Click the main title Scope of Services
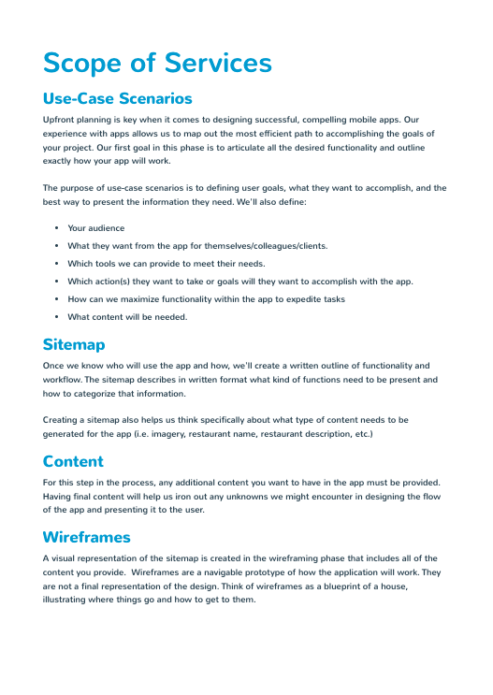[x=157, y=63]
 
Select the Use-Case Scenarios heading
[x=117, y=98]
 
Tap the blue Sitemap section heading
[x=74, y=344]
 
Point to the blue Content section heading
[x=73, y=461]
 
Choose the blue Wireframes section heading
[x=87, y=537]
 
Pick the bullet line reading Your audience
[x=95, y=228]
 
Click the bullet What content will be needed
[x=127, y=317]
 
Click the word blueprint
[x=326, y=586]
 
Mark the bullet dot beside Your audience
[x=57, y=228]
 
